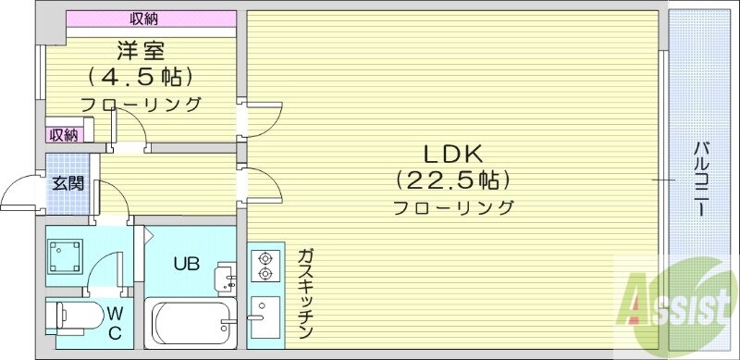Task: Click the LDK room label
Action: pyautogui.click(x=453, y=152)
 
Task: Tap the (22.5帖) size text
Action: pyautogui.click(x=453, y=178)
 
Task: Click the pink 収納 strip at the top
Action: pyautogui.click(x=142, y=19)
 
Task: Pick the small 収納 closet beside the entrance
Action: pyautogui.click(x=64, y=134)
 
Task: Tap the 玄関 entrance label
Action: pyautogui.click(x=67, y=182)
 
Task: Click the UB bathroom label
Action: pyautogui.click(x=187, y=263)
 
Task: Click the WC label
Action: pyautogui.click(x=115, y=323)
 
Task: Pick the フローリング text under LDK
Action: pyautogui.click(x=453, y=206)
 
